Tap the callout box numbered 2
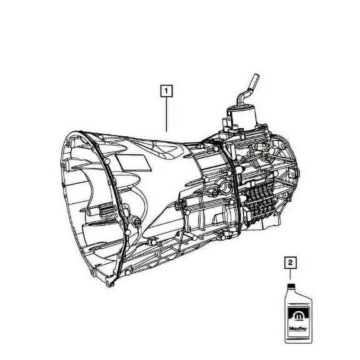point(289,263)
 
